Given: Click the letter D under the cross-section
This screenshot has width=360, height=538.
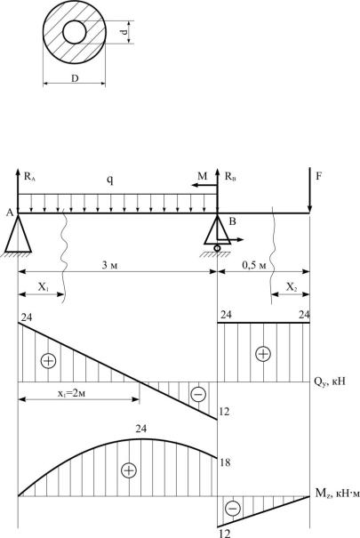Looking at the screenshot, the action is [75, 78].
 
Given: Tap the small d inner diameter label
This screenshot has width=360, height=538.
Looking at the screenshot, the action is [124, 32].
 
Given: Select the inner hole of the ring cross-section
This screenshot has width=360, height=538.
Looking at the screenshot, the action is [75, 32].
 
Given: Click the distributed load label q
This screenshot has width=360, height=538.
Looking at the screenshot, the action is [109, 180].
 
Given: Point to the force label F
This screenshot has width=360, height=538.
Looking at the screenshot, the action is [318, 176].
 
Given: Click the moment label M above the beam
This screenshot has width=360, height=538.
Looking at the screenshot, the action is [203, 176].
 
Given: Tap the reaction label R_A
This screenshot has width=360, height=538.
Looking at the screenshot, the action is [30, 177].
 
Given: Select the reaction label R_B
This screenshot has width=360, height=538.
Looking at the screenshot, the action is [230, 177].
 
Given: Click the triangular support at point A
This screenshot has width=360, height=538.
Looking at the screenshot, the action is [18, 234].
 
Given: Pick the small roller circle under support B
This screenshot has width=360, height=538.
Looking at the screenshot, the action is [217, 248].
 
